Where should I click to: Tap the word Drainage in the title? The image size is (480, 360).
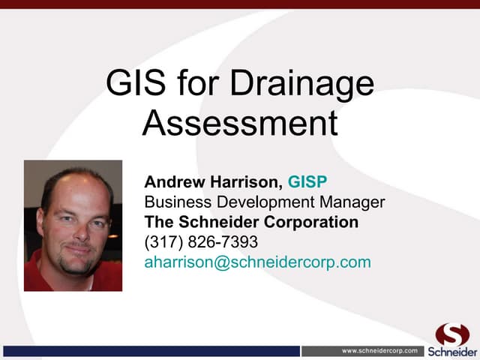[x=301, y=85]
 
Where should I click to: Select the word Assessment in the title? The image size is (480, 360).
[x=240, y=122]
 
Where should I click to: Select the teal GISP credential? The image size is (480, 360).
[x=307, y=181]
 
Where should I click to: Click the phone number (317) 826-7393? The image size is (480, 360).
[x=201, y=242]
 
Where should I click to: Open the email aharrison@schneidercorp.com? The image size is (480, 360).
[x=257, y=262]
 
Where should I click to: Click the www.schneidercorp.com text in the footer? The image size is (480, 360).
[x=379, y=351]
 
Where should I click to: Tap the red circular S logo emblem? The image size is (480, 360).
[x=452, y=334]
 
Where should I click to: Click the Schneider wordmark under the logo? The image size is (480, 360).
[x=452, y=352]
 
